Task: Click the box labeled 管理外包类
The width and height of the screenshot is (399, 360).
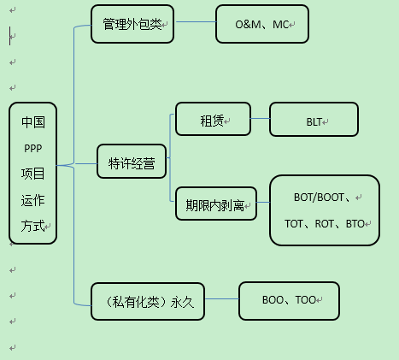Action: pos(132,24)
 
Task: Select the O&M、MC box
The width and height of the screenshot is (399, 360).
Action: pos(261,24)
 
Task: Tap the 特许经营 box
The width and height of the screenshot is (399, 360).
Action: pos(132,162)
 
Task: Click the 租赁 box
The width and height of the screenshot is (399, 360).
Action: pos(213,120)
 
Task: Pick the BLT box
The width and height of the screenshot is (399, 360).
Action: pos(314,121)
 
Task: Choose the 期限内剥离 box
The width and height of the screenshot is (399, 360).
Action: pos(214,204)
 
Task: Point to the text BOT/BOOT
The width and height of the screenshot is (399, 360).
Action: pos(317,197)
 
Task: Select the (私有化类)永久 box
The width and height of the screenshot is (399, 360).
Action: pos(148,301)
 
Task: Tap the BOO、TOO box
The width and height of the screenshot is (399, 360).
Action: pos(288,300)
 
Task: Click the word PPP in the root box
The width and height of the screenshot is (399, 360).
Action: pos(33,147)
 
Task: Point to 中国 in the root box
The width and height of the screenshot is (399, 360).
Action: pos(33,121)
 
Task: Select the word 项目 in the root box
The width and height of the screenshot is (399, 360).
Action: pos(33,174)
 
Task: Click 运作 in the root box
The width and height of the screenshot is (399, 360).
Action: pos(33,200)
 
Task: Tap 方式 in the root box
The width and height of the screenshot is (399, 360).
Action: pos(33,227)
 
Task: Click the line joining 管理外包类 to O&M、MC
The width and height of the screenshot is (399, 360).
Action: pos(194,24)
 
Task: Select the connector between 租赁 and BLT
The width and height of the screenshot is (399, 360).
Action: pos(260,120)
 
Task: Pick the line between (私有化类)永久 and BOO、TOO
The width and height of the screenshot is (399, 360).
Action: pos(221,299)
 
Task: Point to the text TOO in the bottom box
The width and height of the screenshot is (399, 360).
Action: pos(304,300)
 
